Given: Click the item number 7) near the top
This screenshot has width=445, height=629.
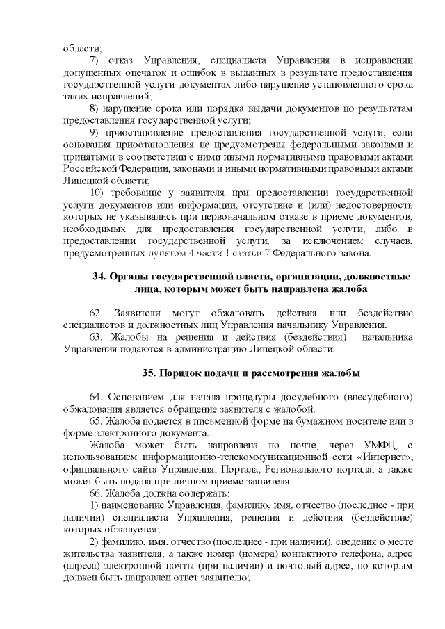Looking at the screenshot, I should pos(96,60).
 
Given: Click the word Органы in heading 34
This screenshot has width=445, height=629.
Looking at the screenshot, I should pos(129,277).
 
